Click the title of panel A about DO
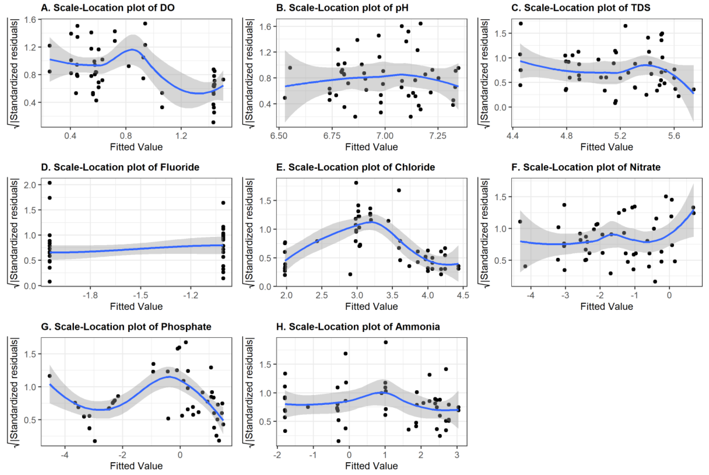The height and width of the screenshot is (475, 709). click(x=108, y=8)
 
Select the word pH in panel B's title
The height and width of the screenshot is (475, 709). click(x=402, y=8)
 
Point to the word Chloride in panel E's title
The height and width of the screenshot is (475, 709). click(x=415, y=167)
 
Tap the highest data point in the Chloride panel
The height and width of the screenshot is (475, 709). click(x=356, y=183)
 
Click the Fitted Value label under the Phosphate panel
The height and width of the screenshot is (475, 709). click(x=136, y=466)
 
